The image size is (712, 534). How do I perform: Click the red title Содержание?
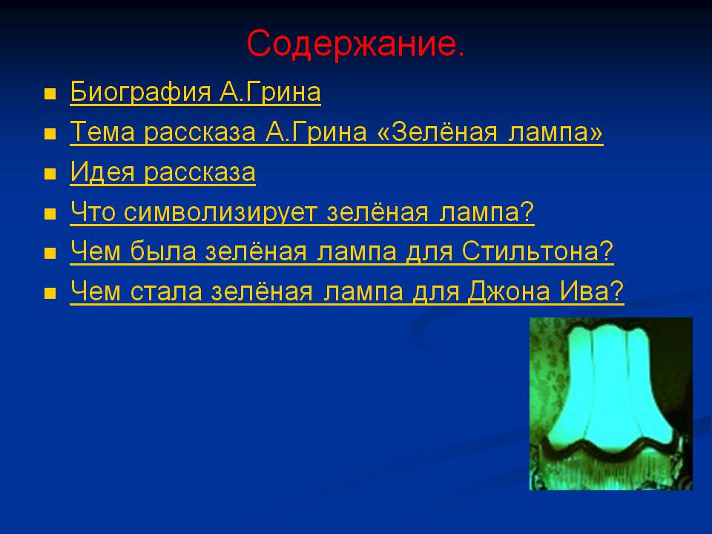(x=355, y=44)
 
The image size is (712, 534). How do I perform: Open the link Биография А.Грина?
(x=195, y=92)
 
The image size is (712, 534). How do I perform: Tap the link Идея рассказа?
(x=162, y=172)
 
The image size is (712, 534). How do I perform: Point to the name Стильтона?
(x=538, y=251)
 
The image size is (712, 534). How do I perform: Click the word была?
(x=163, y=251)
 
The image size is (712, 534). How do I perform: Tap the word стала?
(x=166, y=291)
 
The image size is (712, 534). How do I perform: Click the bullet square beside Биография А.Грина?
(x=50, y=94)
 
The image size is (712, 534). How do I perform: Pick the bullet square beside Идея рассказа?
(x=50, y=174)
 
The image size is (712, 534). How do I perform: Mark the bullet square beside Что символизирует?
(x=50, y=214)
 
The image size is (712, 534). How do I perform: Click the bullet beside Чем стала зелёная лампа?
(x=50, y=294)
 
